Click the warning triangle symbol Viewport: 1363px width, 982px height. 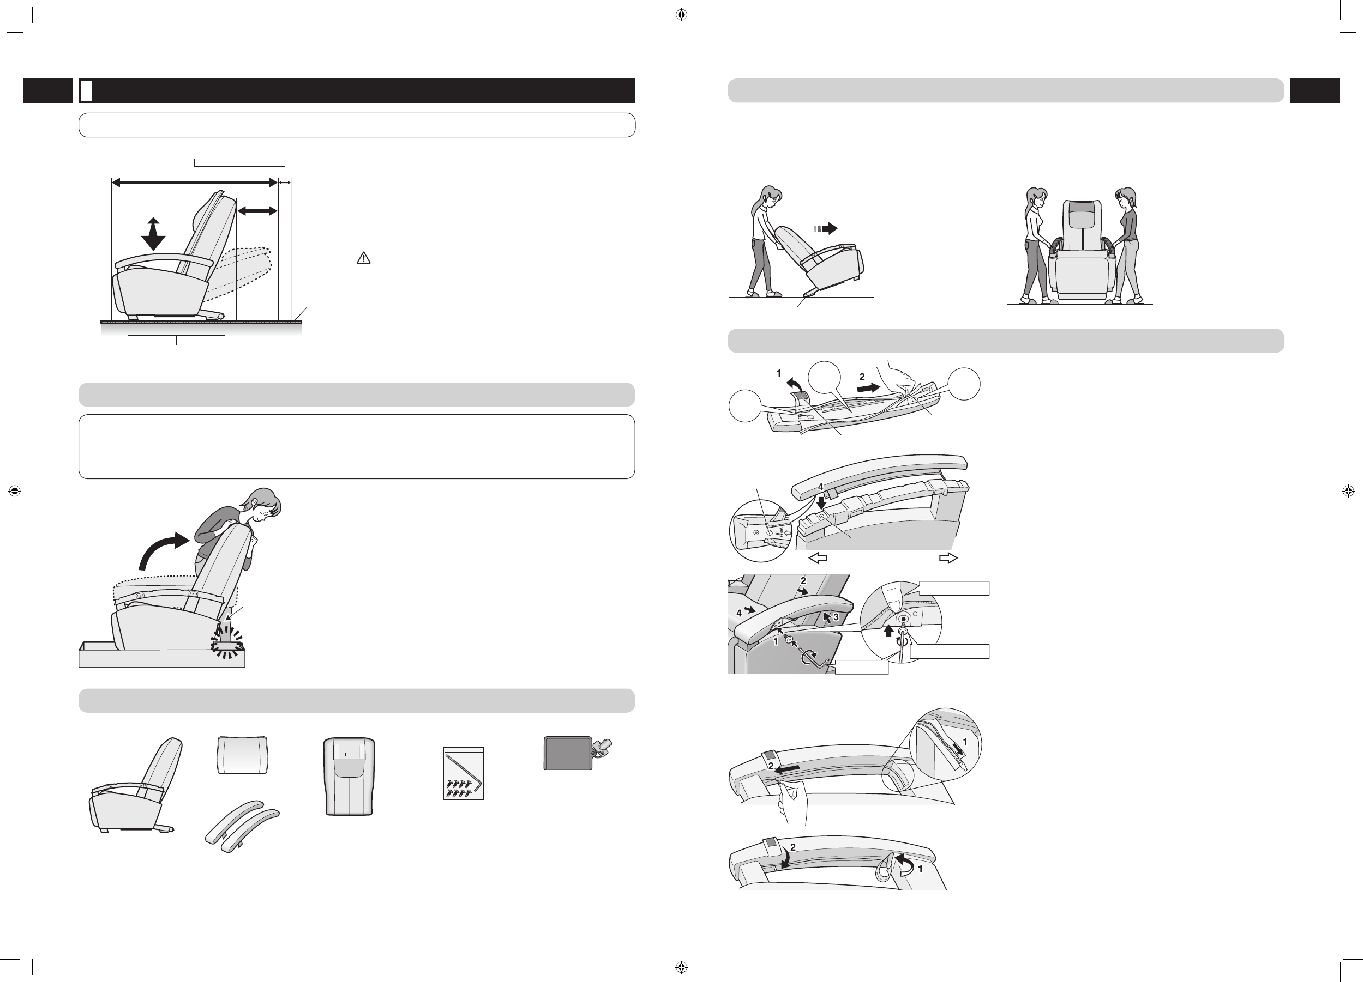364,258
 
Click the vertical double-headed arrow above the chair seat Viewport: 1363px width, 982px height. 153,234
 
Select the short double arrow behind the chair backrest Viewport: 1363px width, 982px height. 257,211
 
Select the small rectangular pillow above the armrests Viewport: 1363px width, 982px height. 242,755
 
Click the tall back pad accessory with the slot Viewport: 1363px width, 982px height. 349,776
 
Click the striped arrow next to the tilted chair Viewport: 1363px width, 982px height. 826,228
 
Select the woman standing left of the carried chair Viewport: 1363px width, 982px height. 1037,245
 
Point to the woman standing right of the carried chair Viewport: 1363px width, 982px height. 1126,245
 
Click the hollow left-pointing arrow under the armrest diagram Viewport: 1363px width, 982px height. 818,558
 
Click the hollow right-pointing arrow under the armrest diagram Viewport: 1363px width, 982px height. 948,558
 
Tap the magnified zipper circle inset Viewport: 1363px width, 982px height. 945,744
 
